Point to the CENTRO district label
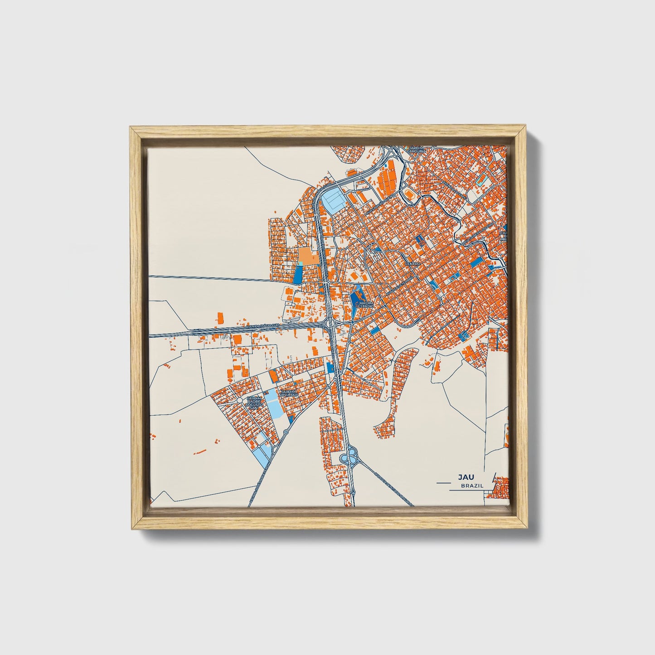click(413, 263)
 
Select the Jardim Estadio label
click(365, 305)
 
